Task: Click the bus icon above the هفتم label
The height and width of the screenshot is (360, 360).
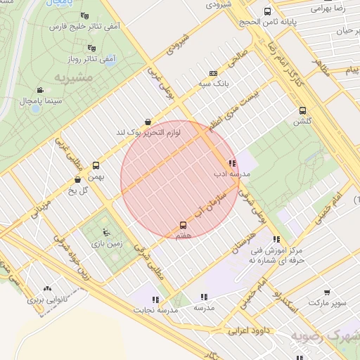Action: click(x=184, y=225)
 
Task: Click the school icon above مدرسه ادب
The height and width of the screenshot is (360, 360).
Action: click(x=232, y=163)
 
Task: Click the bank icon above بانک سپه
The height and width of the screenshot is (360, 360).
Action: click(x=213, y=72)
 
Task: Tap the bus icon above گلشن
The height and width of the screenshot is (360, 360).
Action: click(x=302, y=110)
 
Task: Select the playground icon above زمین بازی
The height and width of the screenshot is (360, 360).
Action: click(x=106, y=233)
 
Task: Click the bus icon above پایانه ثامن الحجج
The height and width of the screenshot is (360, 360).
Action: click(x=267, y=11)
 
